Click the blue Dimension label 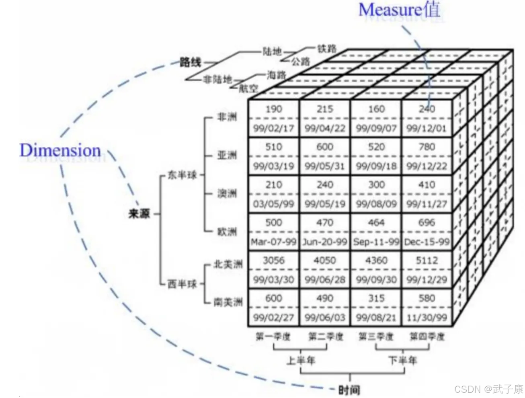coord(60,150)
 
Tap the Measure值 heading coord(399,10)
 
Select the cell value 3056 coord(273,261)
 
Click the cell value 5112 coord(427,261)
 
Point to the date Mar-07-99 coord(273,242)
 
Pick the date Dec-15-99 coord(427,242)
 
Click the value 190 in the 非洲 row coord(273,109)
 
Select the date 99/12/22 coord(427,166)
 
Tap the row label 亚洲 coord(227,155)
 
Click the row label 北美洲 coord(228,264)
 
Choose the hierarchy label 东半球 coord(182,175)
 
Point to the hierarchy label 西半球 coord(182,284)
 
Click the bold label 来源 coord(139,213)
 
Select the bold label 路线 coord(190,62)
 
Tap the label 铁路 coord(326,49)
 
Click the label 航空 coord(248,88)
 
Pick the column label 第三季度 coord(376,336)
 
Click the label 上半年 coord(300,360)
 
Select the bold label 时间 coord(349,389)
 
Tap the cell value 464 coord(376,223)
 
